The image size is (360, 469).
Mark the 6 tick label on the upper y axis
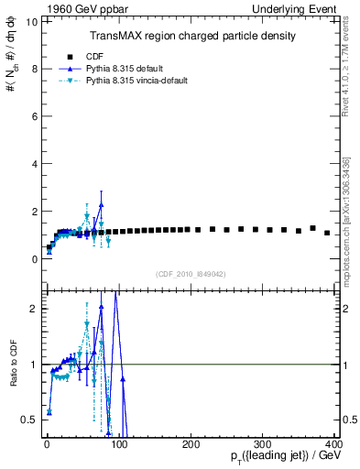tap(33, 116)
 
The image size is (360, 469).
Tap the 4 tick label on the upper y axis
tap(33, 164)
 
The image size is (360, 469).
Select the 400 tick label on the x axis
tap(333, 444)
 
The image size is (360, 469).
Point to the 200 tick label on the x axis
tap(191, 444)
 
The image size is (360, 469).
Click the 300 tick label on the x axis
tap(262, 444)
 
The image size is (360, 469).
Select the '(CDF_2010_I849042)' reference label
tap(191, 273)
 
